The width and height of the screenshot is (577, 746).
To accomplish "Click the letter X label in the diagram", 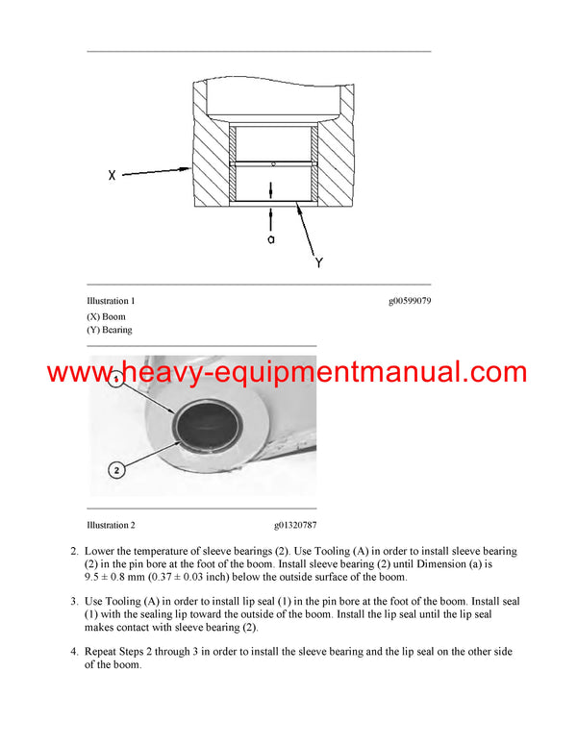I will (113, 176).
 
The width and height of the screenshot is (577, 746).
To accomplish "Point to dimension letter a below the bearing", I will (271, 238).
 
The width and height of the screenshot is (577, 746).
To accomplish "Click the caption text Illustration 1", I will (111, 301).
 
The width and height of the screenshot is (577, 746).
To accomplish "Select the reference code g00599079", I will (410, 301).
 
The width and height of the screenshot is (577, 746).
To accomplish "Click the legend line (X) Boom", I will (106, 316).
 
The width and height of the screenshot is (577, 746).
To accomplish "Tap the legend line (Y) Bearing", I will (110, 330).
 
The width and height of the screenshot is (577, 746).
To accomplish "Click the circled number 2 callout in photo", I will (115, 470).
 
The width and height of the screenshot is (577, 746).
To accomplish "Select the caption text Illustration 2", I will (111, 526).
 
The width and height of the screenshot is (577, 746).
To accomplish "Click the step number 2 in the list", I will (73, 552).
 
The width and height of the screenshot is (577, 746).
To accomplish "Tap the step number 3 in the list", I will (73, 602).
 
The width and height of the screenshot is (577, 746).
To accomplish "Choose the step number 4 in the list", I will (73, 652).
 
